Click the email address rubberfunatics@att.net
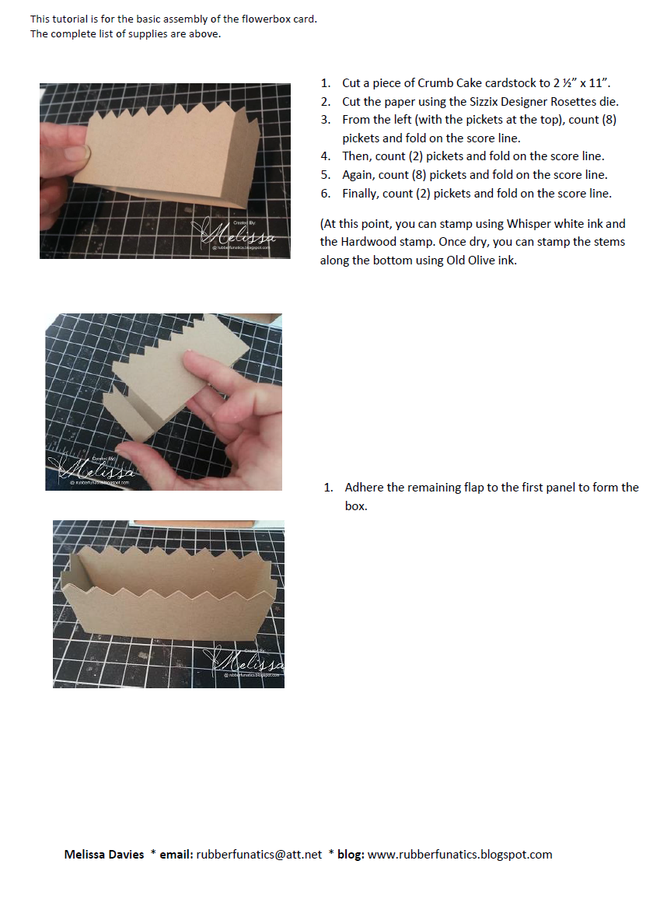point(259,854)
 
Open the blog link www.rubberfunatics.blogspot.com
point(459,854)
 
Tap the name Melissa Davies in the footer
point(104,854)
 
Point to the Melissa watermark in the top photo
point(236,234)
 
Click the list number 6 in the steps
point(325,193)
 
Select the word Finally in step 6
point(361,193)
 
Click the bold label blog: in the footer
point(351,854)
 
